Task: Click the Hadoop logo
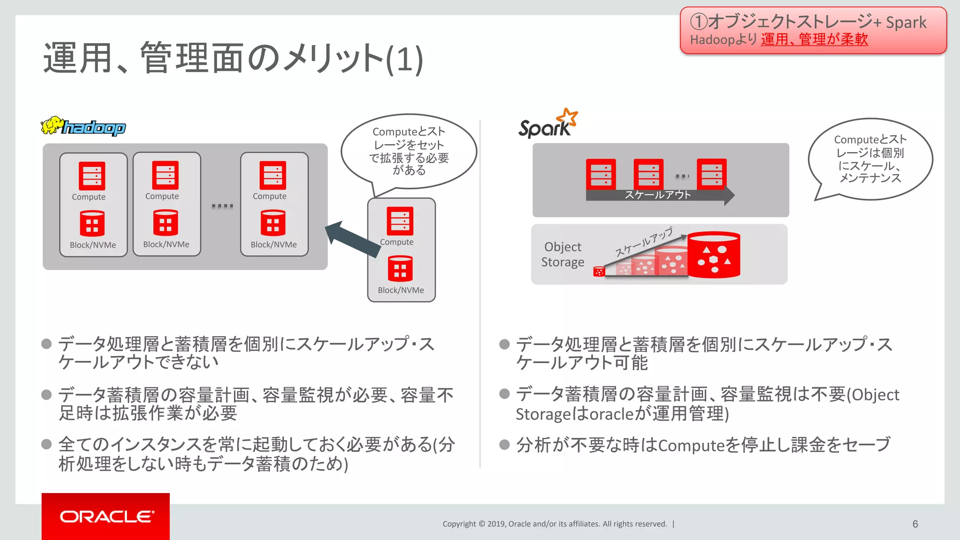tap(83, 126)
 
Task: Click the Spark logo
tap(547, 124)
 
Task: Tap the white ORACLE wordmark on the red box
tap(106, 517)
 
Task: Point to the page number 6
tap(915, 524)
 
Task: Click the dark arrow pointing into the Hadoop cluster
tap(352, 239)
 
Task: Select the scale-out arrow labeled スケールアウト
tap(659, 195)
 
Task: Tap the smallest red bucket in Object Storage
tap(599, 272)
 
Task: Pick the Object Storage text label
tap(563, 255)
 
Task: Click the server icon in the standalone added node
tap(400, 221)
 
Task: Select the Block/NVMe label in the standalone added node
tap(401, 290)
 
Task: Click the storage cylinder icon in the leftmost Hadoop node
tap(92, 224)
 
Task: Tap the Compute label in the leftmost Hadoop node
tap(89, 197)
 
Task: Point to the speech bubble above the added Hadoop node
tap(409, 151)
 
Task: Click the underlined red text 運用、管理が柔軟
tap(814, 39)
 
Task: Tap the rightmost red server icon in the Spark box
tap(711, 174)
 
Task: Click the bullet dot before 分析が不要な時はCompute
tap(504, 444)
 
